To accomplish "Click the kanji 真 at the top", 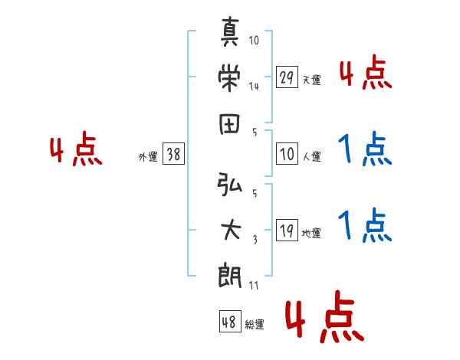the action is point(230,31).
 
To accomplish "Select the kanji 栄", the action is point(229,77).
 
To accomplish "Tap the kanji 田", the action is point(229,124).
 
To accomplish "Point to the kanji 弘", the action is point(229,184).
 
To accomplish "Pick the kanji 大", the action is point(231,230).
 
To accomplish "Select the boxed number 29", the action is point(287,77).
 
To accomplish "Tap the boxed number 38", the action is point(173,153).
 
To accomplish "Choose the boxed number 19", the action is point(287,230).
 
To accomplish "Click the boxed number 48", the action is point(230,321).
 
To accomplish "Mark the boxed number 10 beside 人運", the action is point(287,153).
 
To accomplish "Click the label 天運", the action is point(311,80).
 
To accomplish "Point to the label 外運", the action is point(148,156).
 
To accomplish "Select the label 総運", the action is point(255,324).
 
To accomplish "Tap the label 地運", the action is point(311,233).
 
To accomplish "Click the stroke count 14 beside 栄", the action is point(254,87).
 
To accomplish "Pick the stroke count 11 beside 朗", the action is point(254,285).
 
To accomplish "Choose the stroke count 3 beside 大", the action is point(255,240).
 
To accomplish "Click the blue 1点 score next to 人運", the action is point(365,149).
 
